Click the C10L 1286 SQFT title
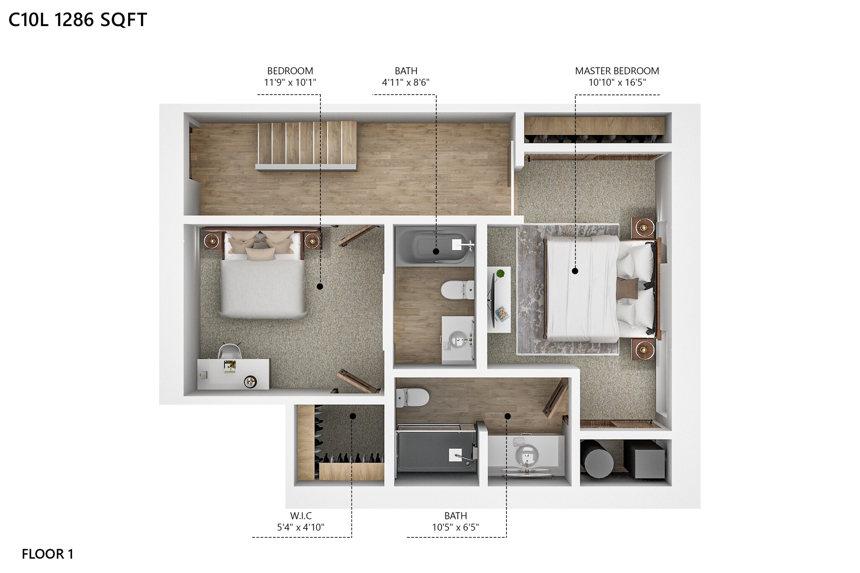point(78,20)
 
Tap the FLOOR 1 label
point(47,554)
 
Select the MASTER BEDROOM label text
point(617,71)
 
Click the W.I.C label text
point(301,516)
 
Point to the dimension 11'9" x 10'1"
point(290,82)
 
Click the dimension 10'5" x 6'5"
point(456,527)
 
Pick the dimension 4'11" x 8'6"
point(406,82)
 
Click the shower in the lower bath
point(437,455)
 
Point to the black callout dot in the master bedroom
point(575,271)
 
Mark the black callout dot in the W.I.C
point(353,416)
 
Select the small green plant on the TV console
point(500,274)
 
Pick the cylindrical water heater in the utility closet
point(598,462)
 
